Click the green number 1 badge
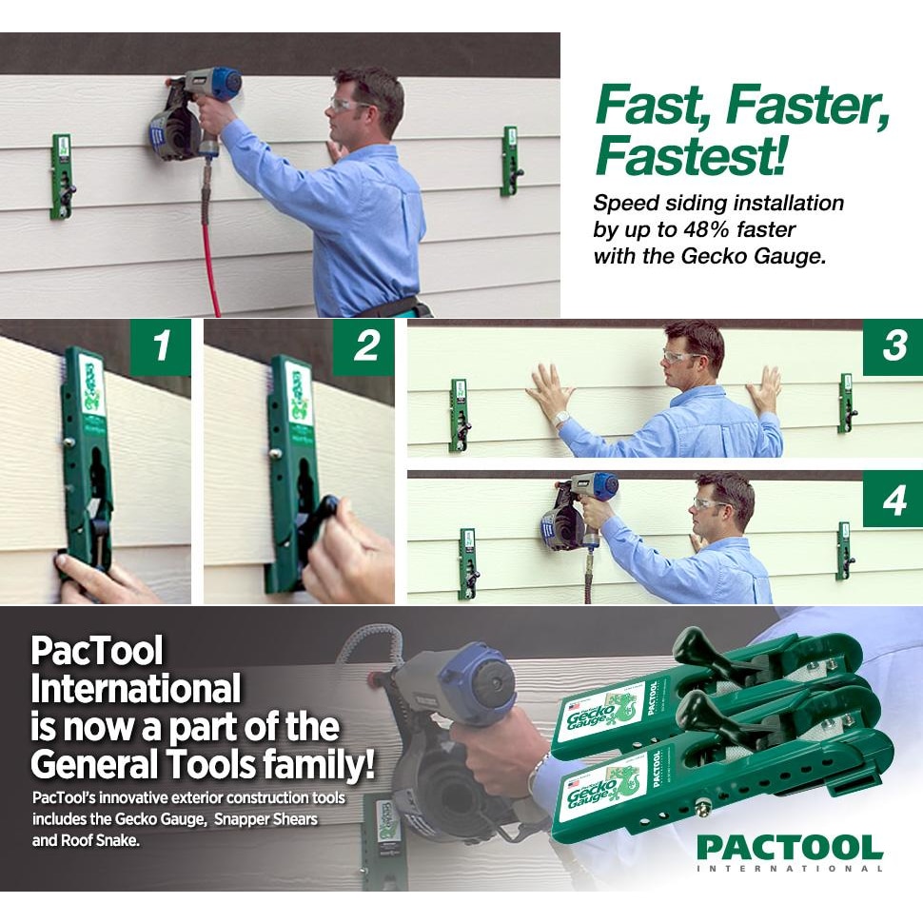(x=161, y=346)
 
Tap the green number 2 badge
(x=365, y=346)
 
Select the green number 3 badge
(x=893, y=346)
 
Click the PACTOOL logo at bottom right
(x=789, y=851)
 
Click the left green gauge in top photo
(x=62, y=176)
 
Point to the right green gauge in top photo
(x=511, y=161)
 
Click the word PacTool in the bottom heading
(x=96, y=652)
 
